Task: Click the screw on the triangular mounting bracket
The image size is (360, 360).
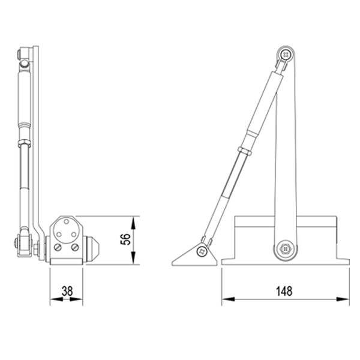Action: (x=203, y=251)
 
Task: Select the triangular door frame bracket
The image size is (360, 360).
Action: (x=196, y=256)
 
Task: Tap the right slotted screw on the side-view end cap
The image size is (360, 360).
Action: (x=74, y=247)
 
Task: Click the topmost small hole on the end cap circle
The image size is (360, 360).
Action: (x=65, y=221)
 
